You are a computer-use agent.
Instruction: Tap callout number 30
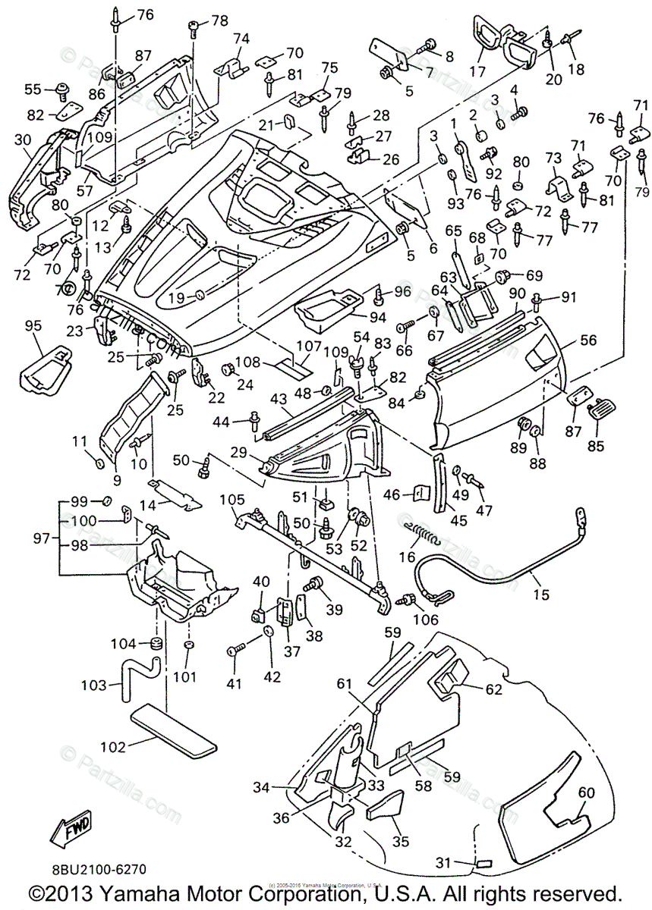(x=22, y=140)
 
